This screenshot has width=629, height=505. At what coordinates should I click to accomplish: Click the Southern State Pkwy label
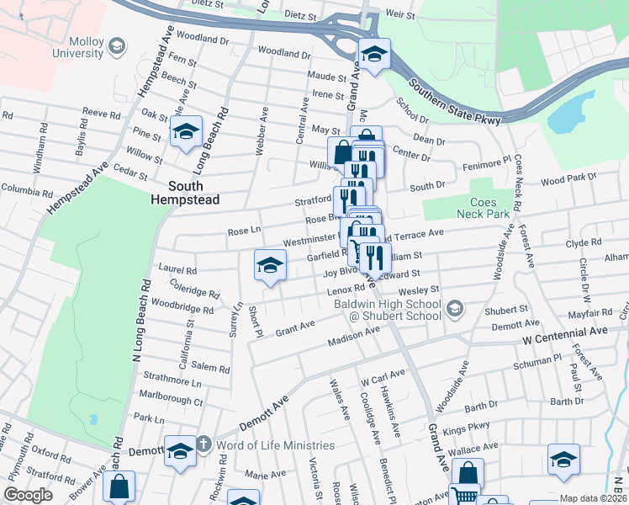455,101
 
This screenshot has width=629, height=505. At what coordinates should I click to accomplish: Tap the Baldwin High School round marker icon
455,309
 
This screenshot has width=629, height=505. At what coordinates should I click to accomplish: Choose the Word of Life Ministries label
263,444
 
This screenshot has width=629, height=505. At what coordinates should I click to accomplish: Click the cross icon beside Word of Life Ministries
203,444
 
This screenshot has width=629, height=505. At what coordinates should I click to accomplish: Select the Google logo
29,495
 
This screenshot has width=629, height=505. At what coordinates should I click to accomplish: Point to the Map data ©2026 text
593,498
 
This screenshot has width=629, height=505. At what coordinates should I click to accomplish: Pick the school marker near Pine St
186,131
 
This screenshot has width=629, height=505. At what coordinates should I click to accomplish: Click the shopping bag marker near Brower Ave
120,486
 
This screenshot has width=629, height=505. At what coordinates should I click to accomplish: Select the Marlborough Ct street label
169,401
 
